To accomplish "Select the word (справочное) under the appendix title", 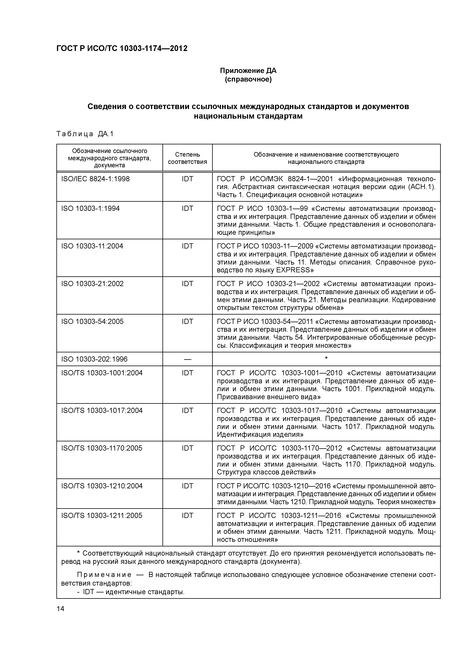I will [248, 79].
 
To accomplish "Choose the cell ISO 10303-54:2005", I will [92, 321].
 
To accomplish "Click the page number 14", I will [60, 609].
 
